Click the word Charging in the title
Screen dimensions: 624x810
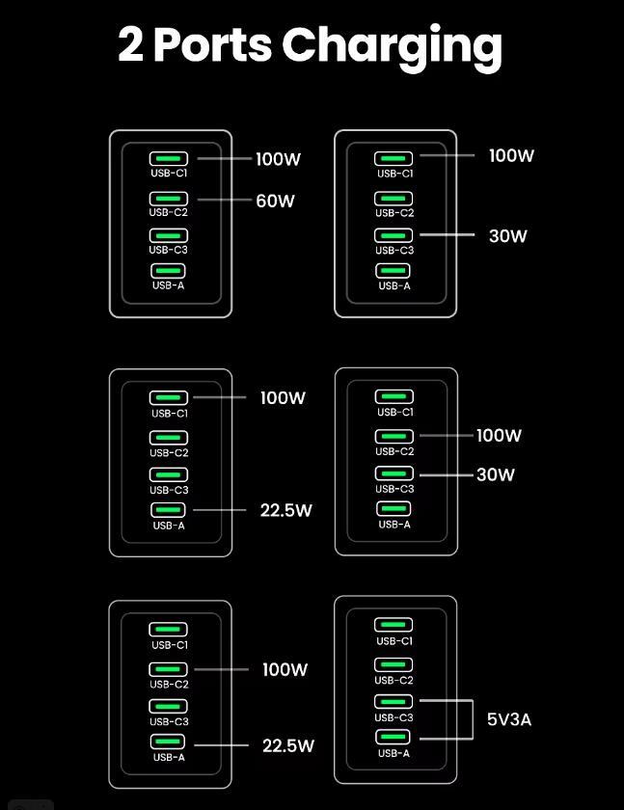click(393, 47)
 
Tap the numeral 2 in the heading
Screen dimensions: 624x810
click(131, 44)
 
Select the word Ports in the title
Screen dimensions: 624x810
click(213, 45)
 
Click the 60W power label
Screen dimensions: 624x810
click(275, 201)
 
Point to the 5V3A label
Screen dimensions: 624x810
click(509, 719)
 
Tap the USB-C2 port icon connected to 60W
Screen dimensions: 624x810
click(169, 199)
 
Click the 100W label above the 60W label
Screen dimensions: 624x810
click(278, 158)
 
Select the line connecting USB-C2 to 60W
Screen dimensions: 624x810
click(224, 200)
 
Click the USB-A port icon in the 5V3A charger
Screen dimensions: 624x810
click(393, 737)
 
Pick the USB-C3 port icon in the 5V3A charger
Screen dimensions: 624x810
click(393, 702)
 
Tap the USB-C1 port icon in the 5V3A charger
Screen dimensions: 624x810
click(393, 625)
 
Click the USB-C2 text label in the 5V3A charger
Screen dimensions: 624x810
click(393, 681)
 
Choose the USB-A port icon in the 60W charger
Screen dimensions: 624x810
click(168, 271)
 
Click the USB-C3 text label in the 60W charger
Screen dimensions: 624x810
click(169, 250)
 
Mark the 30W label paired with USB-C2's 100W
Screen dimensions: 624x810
click(496, 474)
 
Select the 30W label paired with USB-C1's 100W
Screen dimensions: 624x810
click(507, 236)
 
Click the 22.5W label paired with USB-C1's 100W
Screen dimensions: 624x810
click(286, 510)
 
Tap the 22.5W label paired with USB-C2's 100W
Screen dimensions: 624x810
click(288, 745)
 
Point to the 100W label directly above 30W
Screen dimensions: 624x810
click(499, 435)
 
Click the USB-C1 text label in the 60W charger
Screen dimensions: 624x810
click(169, 173)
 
